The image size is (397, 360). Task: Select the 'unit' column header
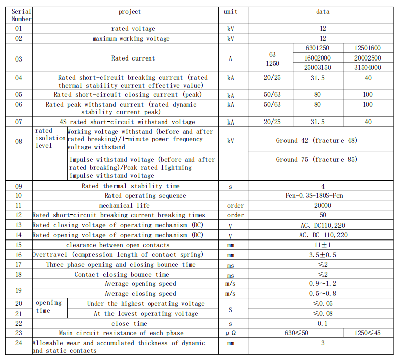click(x=231, y=12)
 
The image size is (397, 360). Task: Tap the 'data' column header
click(x=323, y=12)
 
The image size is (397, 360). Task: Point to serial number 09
click(x=19, y=186)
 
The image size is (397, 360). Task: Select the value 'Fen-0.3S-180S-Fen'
click(x=323, y=196)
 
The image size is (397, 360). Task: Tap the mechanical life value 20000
click(x=323, y=205)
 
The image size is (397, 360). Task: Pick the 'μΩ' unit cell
click(x=231, y=333)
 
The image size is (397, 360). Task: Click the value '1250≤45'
click(x=368, y=333)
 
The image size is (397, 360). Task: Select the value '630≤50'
click(x=295, y=333)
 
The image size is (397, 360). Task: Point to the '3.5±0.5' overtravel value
click(x=323, y=255)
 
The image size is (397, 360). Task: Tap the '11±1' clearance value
click(x=323, y=245)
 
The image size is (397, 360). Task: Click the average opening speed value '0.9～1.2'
click(x=323, y=284)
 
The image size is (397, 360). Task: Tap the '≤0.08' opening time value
click(x=323, y=314)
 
